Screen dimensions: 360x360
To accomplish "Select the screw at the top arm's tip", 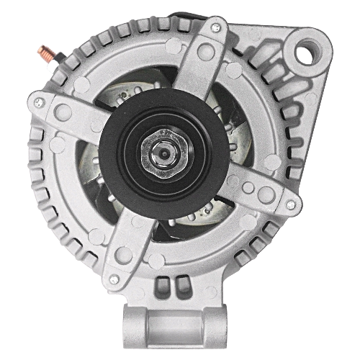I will (x=216, y=28).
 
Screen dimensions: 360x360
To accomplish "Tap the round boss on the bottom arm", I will (x=124, y=254).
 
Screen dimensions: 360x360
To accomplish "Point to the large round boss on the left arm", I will (x=63, y=112).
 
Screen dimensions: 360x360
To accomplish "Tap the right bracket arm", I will (x=252, y=191).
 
